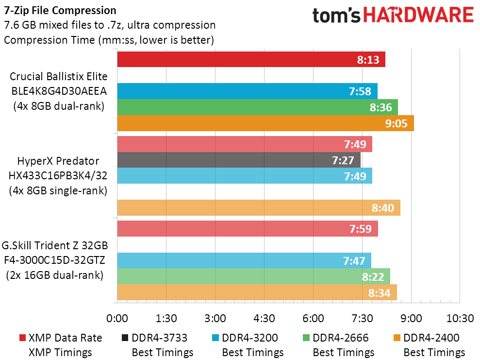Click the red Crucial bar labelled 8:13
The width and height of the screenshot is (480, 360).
click(251, 59)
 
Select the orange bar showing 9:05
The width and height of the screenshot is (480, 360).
click(265, 123)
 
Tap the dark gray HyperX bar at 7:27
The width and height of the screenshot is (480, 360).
click(239, 160)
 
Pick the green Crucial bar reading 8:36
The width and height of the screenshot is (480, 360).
click(257, 107)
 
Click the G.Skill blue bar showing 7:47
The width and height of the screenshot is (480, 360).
click(244, 261)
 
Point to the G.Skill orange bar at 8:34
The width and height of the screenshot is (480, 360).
click(257, 292)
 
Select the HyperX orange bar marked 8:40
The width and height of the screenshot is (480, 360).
click(259, 208)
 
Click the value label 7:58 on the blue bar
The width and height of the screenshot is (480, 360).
click(360, 91)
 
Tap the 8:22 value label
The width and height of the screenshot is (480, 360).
click(373, 277)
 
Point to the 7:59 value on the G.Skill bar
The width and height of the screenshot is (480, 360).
click(361, 229)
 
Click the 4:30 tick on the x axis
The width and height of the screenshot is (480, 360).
click(264, 318)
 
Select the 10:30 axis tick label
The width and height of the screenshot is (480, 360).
click(460, 318)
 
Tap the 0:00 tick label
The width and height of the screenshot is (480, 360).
click(117, 318)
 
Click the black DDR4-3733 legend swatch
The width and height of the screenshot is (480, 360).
click(125, 338)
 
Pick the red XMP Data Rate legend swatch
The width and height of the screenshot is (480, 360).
click(22, 338)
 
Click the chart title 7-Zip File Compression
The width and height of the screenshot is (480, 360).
click(60, 11)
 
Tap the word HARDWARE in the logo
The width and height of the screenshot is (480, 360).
click(419, 15)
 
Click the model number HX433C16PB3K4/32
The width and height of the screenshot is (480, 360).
click(58, 175)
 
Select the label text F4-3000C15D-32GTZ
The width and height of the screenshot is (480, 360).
click(54, 260)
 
